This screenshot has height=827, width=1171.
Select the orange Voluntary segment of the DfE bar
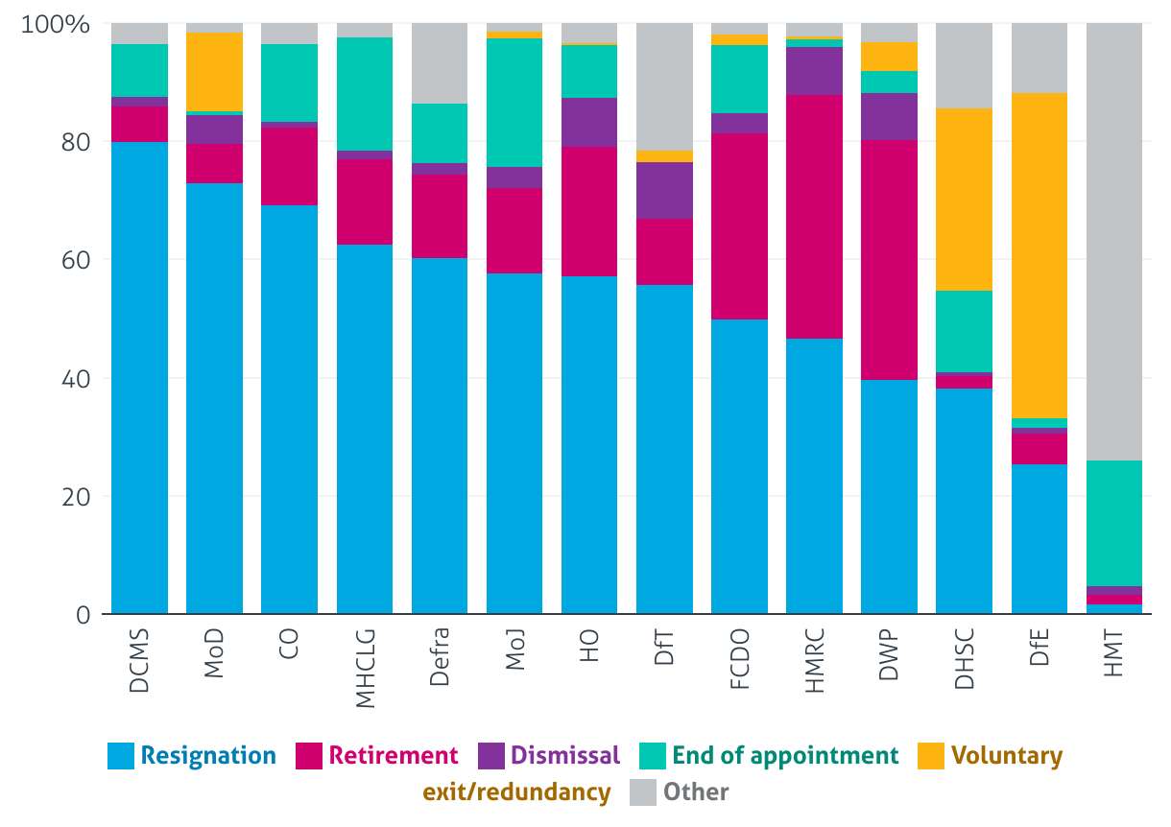1040,255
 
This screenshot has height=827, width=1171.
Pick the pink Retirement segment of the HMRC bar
815,217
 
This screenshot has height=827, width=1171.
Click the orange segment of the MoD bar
214,72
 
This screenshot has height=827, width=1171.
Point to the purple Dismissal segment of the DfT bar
664,190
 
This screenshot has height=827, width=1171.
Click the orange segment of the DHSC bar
965,200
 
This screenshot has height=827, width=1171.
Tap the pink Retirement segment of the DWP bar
890,260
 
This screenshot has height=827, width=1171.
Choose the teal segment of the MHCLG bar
365,94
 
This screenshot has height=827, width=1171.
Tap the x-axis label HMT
1114,656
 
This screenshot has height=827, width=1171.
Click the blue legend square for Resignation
121,756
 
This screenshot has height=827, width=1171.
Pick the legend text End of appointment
785,756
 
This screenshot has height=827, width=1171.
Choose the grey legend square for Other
642,792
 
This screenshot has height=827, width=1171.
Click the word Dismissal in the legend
565,756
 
